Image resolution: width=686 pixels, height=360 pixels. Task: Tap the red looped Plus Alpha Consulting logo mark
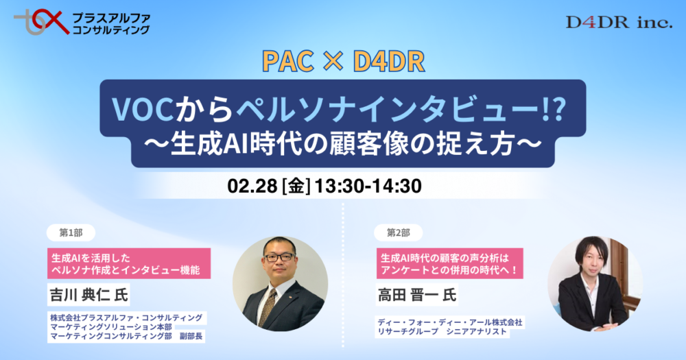(40, 22)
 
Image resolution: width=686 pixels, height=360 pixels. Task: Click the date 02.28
(252, 185)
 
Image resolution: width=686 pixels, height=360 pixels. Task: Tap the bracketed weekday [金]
(296, 185)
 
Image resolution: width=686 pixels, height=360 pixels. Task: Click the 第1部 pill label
(71, 233)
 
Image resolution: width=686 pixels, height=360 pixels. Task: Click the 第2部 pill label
(399, 233)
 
